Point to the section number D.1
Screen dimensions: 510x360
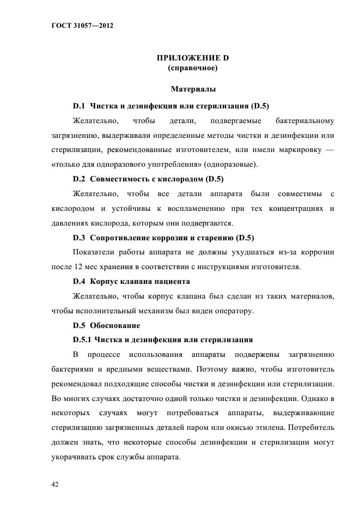click(80, 105)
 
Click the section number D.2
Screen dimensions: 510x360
click(80, 178)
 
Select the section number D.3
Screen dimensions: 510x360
click(80, 237)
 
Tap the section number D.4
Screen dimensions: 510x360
click(80, 281)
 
